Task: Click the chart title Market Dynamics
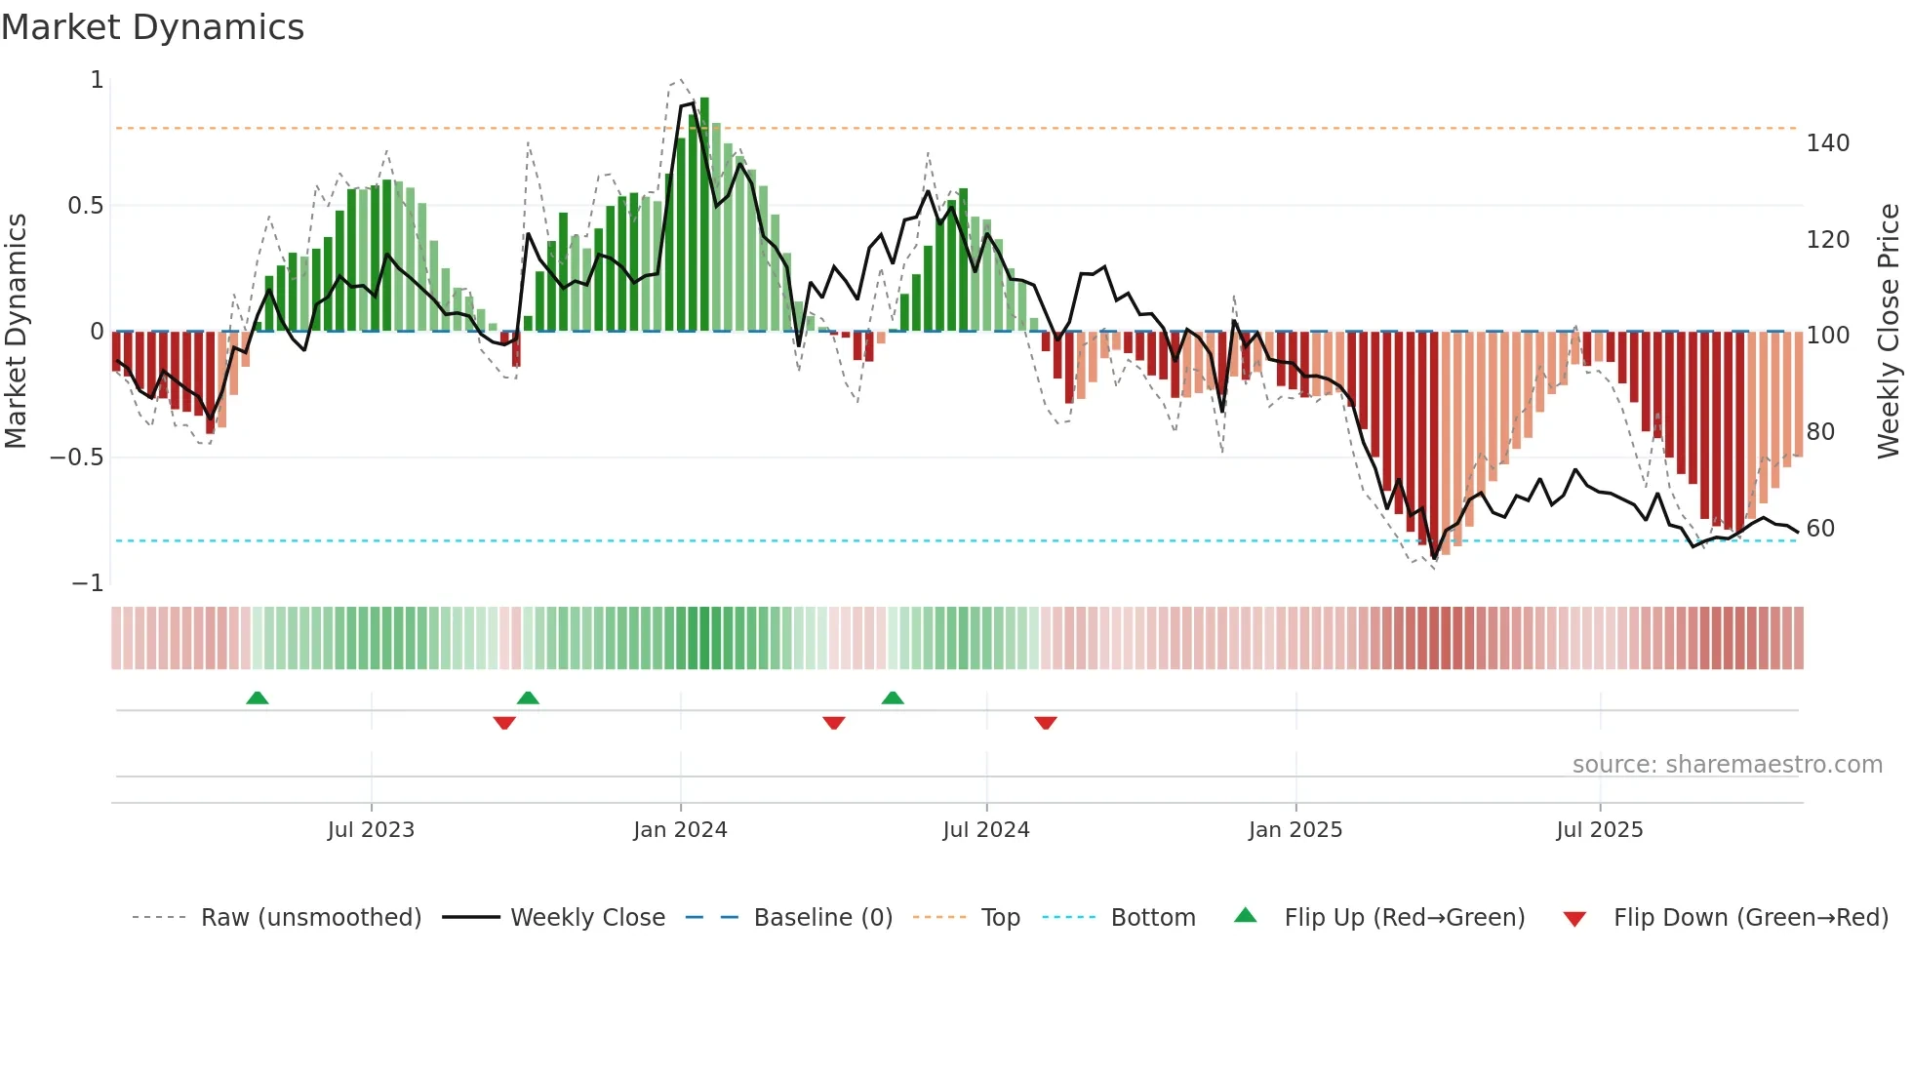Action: click(x=153, y=27)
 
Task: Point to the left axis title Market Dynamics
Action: click(x=17, y=332)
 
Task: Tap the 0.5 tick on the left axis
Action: click(x=85, y=206)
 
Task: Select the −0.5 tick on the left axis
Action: click(x=77, y=458)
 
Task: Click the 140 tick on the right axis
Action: click(x=1827, y=143)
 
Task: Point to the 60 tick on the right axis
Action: click(x=1820, y=529)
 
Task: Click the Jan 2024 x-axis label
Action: click(x=680, y=830)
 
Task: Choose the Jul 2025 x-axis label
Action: click(x=1599, y=830)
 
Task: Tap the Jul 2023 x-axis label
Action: click(x=371, y=830)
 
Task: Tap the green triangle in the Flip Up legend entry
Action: click(x=1246, y=916)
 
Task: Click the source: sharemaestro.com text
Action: click(x=1727, y=765)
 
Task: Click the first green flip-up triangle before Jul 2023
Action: click(x=258, y=698)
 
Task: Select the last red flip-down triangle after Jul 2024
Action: click(x=1046, y=723)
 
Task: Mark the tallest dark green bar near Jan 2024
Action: click(x=704, y=215)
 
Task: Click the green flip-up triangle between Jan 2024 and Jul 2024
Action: click(x=893, y=698)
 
